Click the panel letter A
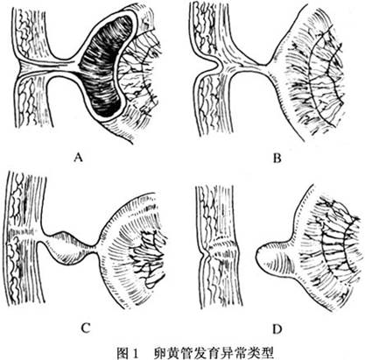tap(77, 159)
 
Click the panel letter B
tap(277, 159)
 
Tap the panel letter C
tap(85, 328)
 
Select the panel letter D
tap(277, 329)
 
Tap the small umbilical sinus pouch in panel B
tap(212, 66)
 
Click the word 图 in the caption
tap(121, 353)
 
